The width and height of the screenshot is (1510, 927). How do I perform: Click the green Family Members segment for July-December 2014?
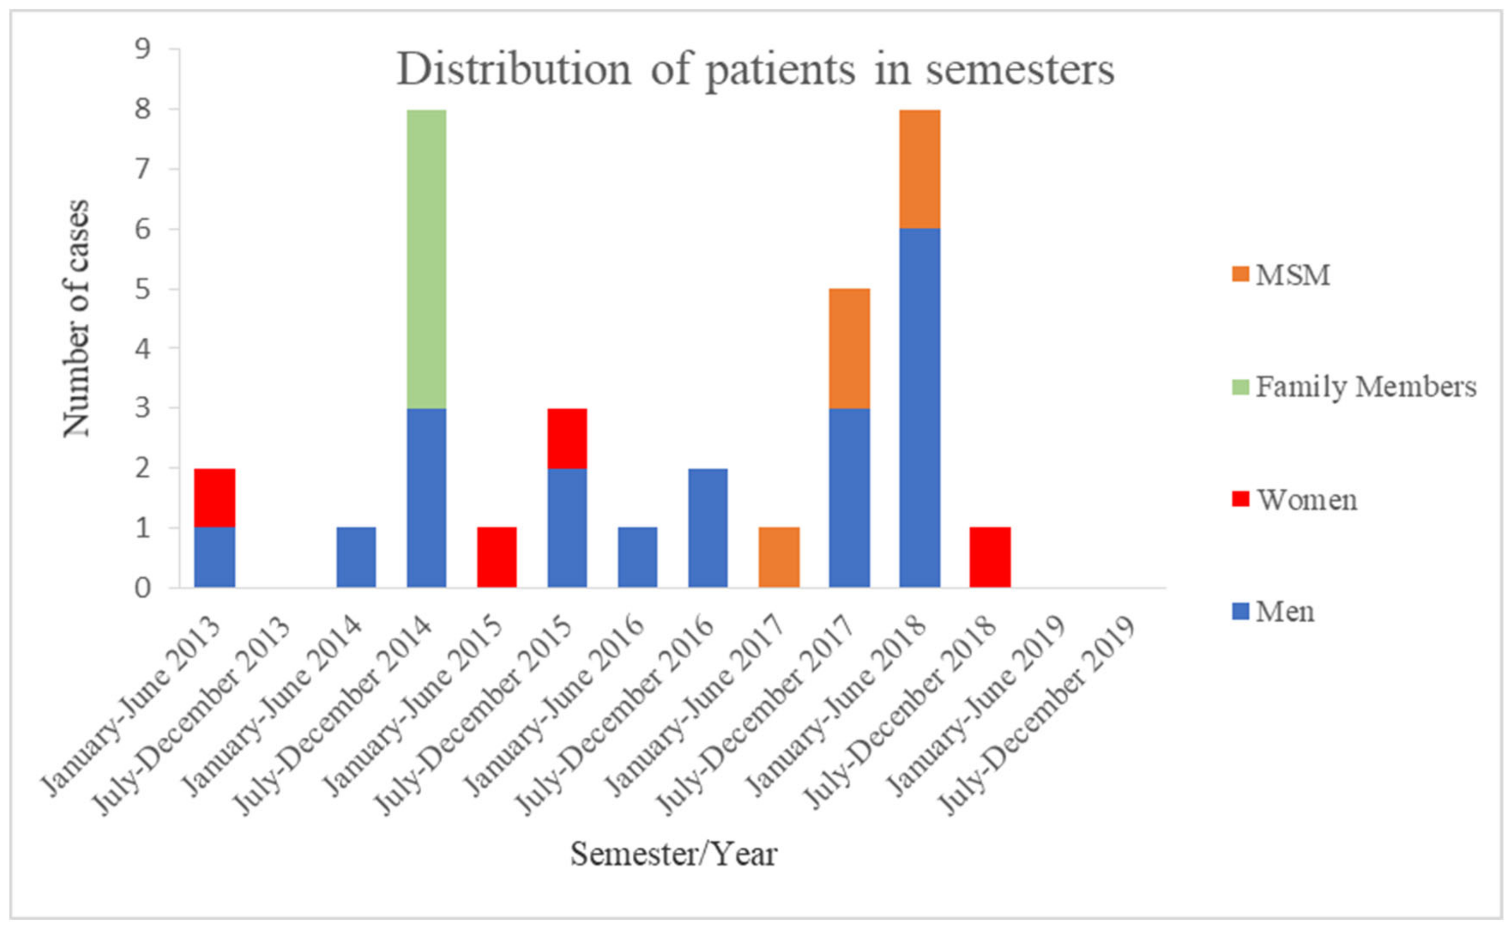427,259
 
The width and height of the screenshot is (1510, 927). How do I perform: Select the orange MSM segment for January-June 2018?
920,169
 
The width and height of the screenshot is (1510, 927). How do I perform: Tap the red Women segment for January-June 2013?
214,498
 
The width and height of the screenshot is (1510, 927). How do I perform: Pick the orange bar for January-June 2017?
779,557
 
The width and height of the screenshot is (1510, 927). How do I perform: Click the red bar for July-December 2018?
990,557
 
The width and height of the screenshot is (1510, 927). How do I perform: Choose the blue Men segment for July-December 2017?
849,497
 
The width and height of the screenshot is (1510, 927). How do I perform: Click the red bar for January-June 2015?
496,557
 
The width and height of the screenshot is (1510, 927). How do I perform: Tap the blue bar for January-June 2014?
356,557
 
